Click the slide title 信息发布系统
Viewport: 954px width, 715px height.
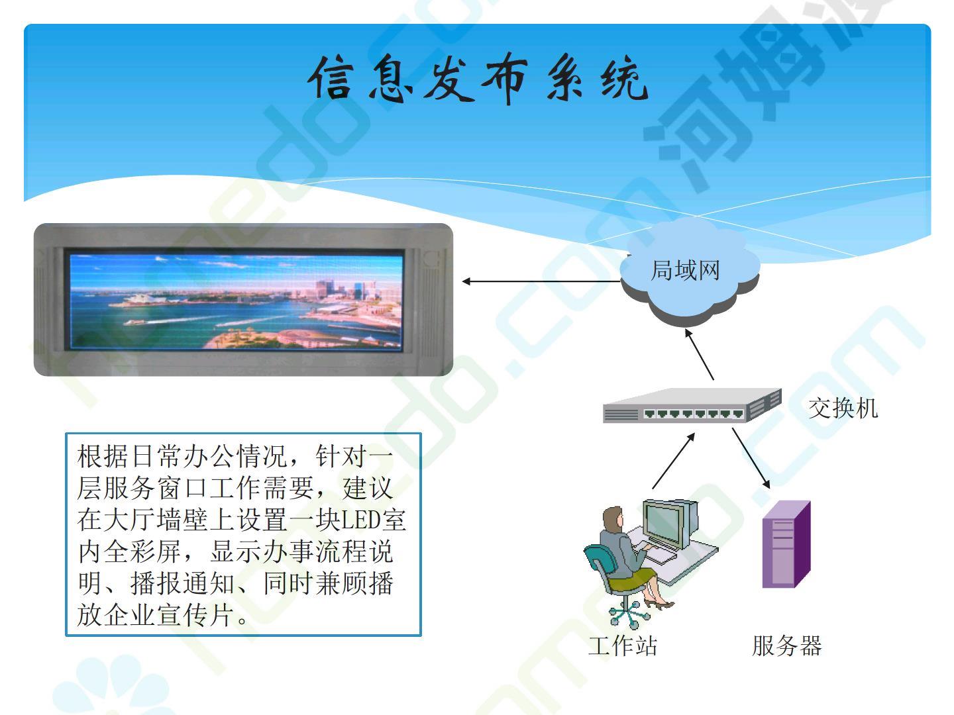pos(478,78)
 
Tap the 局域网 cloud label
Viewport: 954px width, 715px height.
pos(685,271)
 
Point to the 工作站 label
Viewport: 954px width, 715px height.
pos(622,645)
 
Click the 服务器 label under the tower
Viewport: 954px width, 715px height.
pos(787,645)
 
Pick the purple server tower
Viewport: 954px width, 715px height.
pos(786,544)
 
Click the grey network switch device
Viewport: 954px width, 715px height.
pos(692,405)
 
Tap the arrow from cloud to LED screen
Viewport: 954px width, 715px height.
pos(541,282)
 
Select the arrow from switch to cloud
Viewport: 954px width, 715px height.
pos(699,354)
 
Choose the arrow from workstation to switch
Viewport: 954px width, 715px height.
pos(673,461)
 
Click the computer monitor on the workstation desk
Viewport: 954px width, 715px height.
pos(669,524)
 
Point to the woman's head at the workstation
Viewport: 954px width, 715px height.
pos(613,518)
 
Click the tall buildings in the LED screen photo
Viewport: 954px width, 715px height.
pos(348,289)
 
